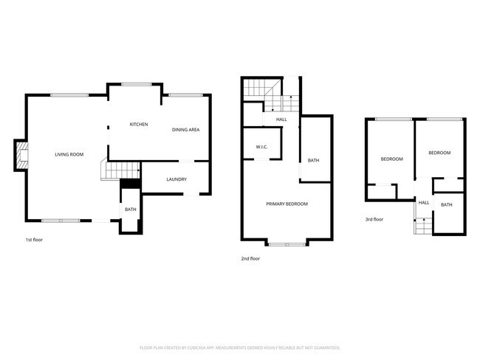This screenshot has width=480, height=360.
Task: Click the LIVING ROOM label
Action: (x=69, y=154)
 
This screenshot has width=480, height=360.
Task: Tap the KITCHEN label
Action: (x=139, y=124)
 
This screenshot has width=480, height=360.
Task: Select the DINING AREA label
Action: (x=186, y=130)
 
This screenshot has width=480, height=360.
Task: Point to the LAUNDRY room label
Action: (x=176, y=179)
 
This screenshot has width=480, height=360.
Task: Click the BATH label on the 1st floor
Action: (x=130, y=210)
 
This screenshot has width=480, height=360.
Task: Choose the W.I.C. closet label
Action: (x=261, y=148)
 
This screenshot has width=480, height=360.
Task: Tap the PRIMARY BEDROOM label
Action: (x=287, y=204)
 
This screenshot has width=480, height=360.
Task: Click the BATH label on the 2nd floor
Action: (x=313, y=160)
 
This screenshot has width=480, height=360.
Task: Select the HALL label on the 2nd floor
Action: (x=281, y=120)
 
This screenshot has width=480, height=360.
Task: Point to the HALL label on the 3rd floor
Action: (x=424, y=202)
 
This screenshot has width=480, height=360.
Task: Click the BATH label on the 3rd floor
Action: (x=447, y=204)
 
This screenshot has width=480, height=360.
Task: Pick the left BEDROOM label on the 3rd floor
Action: (x=391, y=159)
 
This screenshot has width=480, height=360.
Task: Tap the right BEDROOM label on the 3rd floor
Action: (x=439, y=153)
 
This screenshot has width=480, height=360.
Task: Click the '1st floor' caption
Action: (x=35, y=240)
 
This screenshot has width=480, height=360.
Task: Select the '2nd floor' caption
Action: (x=250, y=258)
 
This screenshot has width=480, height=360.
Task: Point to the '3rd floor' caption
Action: (x=374, y=219)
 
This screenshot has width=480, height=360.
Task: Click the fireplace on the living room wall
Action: (x=23, y=154)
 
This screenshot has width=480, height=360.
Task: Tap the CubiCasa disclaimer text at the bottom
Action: (x=239, y=347)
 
